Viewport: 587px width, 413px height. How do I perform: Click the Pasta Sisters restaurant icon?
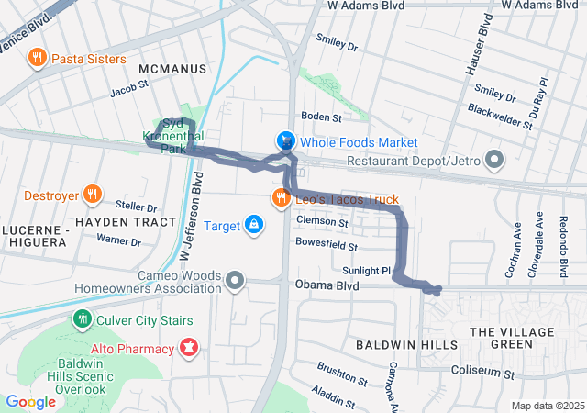[38, 59]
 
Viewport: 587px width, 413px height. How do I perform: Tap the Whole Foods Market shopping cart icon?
[287, 141]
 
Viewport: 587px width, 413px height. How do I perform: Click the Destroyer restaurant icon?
[92, 194]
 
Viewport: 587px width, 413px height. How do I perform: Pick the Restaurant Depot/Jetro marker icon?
[495, 162]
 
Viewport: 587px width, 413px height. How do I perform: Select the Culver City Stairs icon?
[83, 320]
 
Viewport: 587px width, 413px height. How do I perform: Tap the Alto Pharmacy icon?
[189, 349]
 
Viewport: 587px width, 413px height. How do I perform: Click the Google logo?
[30, 401]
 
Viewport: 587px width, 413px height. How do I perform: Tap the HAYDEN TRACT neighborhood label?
[125, 222]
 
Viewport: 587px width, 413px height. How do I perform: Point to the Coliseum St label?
[484, 371]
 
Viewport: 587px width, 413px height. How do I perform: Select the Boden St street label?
[322, 117]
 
